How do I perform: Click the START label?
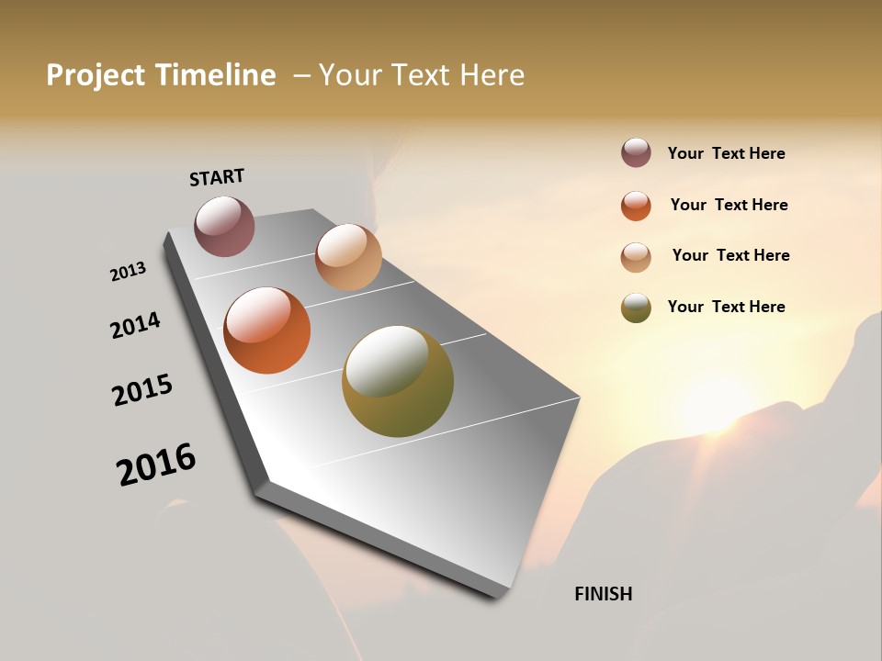click(x=217, y=176)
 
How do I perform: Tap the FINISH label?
click(x=603, y=594)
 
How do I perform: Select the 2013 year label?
click(x=128, y=272)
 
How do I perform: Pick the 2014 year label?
click(x=135, y=325)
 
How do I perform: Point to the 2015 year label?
click(x=142, y=390)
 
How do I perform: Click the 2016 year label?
click(x=156, y=465)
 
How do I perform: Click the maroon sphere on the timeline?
click(x=224, y=226)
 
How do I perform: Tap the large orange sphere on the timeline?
click(x=267, y=330)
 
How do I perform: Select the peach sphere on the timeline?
click(x=348, y=257)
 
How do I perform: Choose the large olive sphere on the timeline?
click(x=398, y=381)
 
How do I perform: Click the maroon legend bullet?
click(x=636, y=153)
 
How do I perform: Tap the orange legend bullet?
click(x=636, y=206)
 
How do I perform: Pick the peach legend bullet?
click(x=636, y=257)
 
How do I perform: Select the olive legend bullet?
click(x=636, y=308)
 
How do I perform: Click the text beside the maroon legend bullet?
click(x=726, y=154)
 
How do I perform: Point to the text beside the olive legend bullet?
click(x=726, y=307)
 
